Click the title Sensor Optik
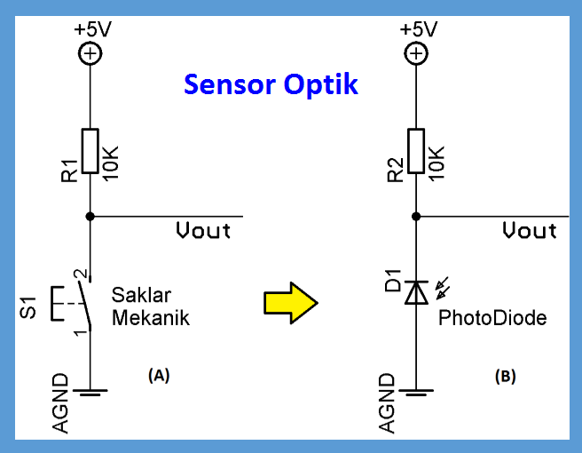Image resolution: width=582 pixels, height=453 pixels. [x=271, y=84]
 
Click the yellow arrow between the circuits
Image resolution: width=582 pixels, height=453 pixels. [x=290, y=303]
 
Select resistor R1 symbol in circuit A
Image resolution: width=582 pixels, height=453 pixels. [x=90, y=151]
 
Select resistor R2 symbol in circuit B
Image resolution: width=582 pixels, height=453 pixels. [x=415, y=151]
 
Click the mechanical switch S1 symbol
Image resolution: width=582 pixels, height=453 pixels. [x=80, y=303]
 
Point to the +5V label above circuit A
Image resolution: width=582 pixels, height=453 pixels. [x=92, y=28]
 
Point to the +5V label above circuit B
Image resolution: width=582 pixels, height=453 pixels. [x=418, y=28]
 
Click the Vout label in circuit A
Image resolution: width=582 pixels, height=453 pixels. [x=202, y=231]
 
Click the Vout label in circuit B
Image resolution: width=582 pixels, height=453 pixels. [x=529, y=231]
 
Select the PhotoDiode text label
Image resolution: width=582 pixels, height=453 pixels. [x=492, y=318]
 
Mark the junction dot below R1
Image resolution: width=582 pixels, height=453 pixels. [x=90, y=216]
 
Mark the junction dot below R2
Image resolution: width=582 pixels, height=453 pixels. [x=415, y=216]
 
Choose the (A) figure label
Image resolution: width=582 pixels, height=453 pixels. [x=157, y=376]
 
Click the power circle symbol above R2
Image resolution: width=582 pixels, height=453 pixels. [x=415, y=54]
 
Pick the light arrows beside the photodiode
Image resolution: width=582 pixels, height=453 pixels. [x=441, y=286]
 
